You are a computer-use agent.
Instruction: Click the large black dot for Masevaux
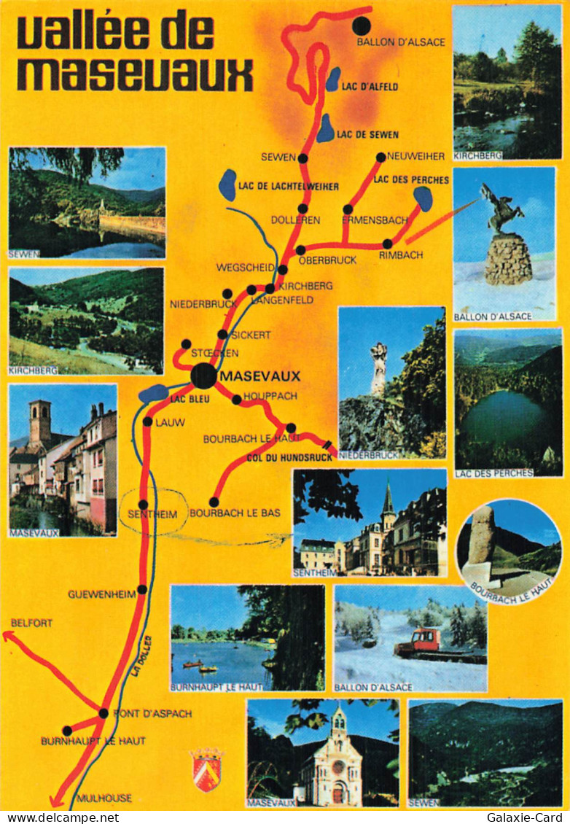click(204, 376)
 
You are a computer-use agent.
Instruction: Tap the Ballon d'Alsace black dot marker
click(362, 26)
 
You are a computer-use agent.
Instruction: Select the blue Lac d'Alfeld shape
click(333, 79)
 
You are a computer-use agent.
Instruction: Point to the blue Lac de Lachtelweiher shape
click(228, 184)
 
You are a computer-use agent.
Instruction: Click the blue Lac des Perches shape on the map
click(423, 198)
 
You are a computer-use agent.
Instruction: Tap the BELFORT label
click(31, 623)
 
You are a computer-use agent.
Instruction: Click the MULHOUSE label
click(104, 798)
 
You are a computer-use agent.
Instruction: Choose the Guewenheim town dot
click(142, 589)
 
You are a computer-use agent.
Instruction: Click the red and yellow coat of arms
click(206, 770)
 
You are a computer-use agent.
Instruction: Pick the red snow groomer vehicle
click(418, 642)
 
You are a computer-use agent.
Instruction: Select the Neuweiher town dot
click(380, 157)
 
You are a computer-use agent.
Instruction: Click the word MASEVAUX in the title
click(135, 73)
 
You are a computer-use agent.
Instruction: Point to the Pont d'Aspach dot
click(104, 713)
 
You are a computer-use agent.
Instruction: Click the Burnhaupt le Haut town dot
click(67, 731)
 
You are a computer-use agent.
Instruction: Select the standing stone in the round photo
click(481, 535)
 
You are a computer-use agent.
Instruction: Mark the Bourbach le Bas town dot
click(214, 502)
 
